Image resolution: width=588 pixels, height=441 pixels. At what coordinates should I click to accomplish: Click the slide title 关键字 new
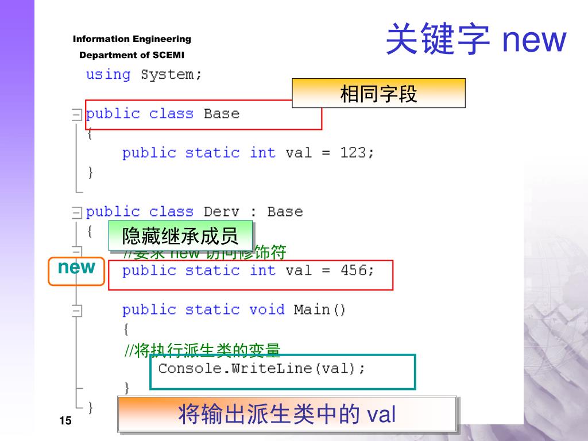[475, 40]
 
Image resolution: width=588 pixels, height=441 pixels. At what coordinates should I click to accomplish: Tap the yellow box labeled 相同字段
[378, 94]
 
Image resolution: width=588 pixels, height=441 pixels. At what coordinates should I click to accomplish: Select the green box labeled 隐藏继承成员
[180, 236]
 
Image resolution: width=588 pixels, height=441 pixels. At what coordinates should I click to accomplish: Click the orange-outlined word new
[76, 268]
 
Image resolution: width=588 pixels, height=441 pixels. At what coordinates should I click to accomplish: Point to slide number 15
[65, 422]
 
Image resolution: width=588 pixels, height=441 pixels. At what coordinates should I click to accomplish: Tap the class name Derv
[221, 212]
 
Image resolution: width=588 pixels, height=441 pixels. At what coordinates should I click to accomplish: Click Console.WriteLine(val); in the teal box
[261, 368]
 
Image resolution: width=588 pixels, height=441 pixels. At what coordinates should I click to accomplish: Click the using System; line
[144, 75]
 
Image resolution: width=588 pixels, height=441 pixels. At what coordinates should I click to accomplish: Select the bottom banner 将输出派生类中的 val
[287, 414]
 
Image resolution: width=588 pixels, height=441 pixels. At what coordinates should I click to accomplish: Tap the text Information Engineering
[131, 39]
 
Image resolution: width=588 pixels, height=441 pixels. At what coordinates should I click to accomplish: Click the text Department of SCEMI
[131, 55]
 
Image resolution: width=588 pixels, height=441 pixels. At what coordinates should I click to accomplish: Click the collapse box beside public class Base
[76, 115]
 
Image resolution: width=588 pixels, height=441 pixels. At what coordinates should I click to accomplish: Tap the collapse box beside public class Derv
[76, 213]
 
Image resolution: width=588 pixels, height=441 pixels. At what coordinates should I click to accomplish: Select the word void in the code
[266, 310]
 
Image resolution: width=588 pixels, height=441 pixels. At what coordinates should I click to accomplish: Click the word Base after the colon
[285, 212]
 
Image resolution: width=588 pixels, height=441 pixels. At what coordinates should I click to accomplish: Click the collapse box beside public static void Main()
[76, 311]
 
